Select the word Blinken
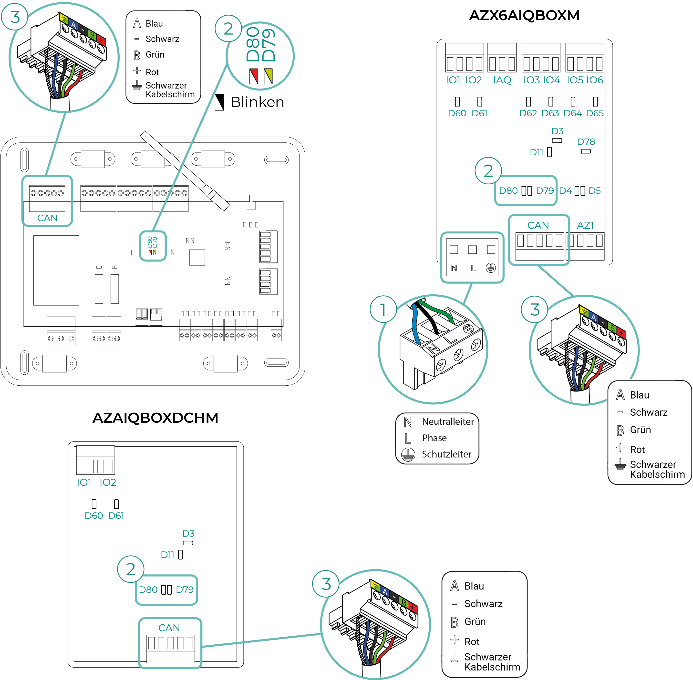click(257, 102)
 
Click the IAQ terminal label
click(502, 80)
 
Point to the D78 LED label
click(586, 142)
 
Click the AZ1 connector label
click(585, 225)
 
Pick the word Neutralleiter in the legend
click(448, 421)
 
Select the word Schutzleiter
click(446, 454)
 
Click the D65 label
click(595, 113)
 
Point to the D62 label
click(528, 113)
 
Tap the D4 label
click(565, 191)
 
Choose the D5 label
click(594, 191)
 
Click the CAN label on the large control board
click(47, 218)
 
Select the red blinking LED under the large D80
click(254, 76)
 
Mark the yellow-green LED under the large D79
click(268, 76)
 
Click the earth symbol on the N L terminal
click(491, 268)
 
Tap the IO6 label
click(595, 80)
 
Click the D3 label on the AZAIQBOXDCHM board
click(188, 534)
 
